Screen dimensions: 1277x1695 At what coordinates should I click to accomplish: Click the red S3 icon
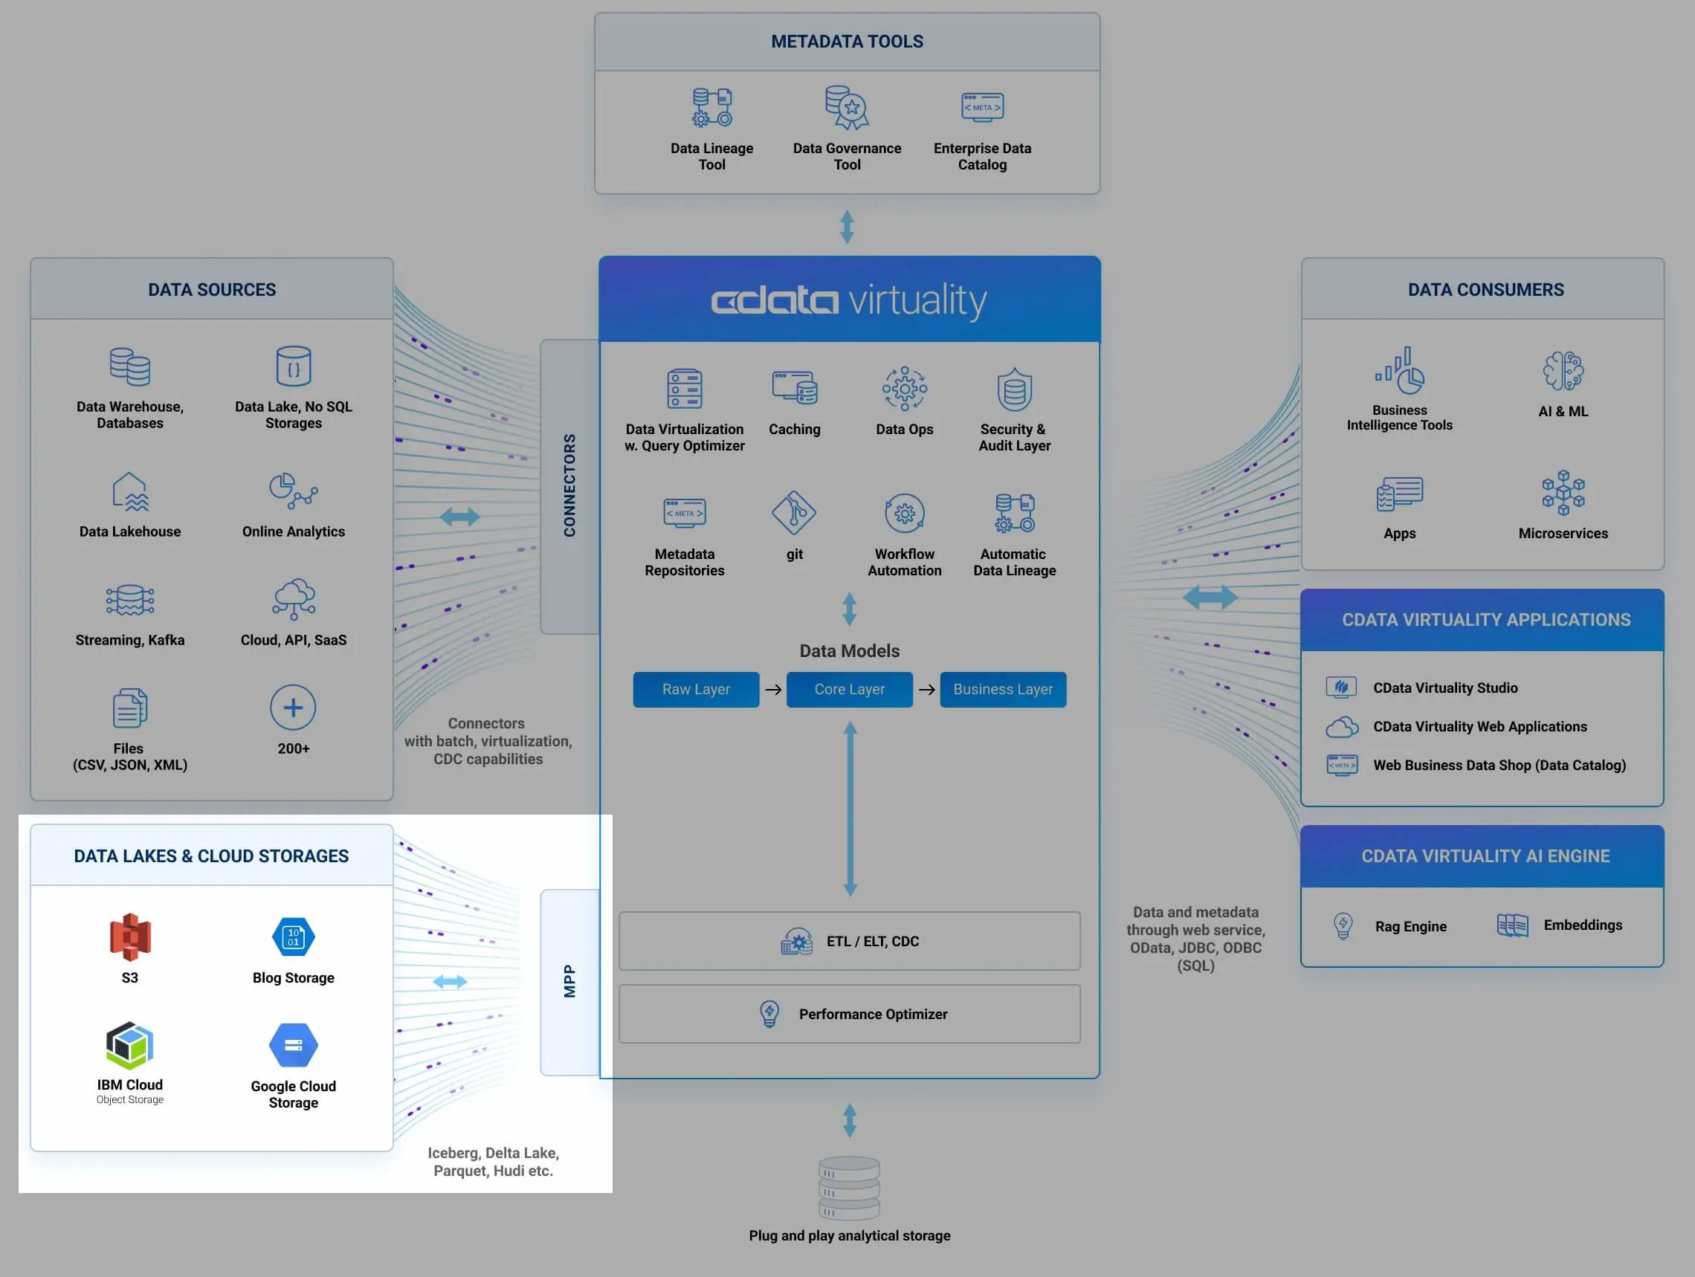(130, 936)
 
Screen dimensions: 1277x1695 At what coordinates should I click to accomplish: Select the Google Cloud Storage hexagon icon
(294, 1045)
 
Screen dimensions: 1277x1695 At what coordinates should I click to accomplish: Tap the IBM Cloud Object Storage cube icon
(129, 1045)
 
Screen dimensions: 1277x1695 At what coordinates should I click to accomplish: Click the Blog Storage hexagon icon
(294, 936)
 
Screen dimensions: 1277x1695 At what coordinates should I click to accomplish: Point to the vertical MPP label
(569, 981)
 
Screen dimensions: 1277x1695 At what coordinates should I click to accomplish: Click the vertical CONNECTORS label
(569, 485)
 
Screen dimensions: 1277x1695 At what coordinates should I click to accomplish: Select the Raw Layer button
(696, 690)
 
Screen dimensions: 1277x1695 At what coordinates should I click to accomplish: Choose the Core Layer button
(849, 690)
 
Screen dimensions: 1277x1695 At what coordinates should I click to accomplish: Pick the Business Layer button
(1002, 690)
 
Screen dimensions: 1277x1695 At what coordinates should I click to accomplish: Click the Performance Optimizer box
(849, 1013)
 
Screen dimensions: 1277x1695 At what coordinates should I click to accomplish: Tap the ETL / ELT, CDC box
(849, 941)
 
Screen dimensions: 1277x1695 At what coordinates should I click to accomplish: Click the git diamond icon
(794, 512)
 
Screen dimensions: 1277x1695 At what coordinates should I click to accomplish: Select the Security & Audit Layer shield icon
(1015, 389)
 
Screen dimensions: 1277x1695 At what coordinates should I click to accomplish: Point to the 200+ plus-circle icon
(293, 707)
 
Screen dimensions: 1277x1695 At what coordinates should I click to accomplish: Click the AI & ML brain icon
(1563, 371)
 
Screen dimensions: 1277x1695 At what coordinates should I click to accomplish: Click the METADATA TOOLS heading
(847, 42)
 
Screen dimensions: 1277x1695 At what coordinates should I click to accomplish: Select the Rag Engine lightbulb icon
(1343, 925)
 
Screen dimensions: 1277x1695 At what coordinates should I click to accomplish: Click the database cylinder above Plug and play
(849, 1187)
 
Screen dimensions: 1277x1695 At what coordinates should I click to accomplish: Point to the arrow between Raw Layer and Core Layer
(773, 690)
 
